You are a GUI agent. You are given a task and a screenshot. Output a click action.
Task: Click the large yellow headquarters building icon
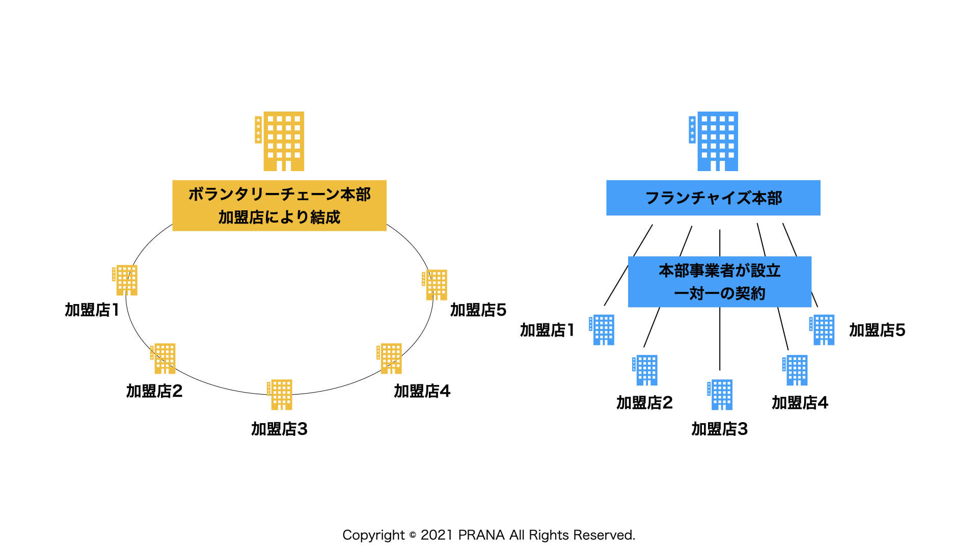280,141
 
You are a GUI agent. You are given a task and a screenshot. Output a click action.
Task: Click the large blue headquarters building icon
713,141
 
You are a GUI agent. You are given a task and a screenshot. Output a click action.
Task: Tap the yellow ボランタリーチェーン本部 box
279,205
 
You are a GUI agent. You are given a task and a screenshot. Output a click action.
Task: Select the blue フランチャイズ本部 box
713,198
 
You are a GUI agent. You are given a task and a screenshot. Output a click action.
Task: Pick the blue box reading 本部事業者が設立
719,282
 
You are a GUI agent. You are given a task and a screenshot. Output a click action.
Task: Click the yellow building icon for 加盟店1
125,280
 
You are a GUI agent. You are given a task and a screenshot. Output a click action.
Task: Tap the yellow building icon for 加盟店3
280,395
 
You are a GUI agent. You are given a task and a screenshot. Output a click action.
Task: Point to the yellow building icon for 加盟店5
434,285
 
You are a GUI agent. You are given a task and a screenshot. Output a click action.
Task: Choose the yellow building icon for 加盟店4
389,359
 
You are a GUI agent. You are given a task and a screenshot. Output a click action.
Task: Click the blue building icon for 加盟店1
602,330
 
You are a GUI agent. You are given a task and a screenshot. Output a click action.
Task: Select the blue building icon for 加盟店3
720,395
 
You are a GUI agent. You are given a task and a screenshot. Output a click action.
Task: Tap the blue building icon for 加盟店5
822,330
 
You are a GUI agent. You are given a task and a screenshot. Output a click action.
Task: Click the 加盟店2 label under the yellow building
154,391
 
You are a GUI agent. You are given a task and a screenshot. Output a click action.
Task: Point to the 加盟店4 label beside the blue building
800,403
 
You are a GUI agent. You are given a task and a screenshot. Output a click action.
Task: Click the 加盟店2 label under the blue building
644,403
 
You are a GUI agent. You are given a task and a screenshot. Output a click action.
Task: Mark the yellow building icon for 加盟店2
163,359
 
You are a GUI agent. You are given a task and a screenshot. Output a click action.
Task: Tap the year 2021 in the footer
437,535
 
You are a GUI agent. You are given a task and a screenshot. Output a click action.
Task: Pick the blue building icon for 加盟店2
645,370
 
